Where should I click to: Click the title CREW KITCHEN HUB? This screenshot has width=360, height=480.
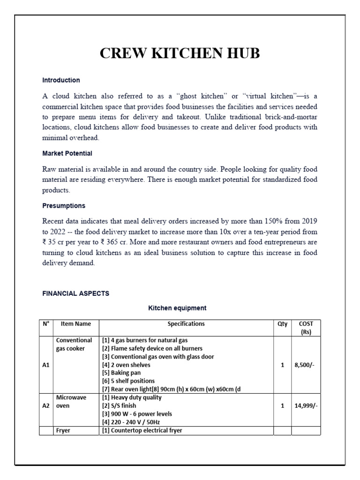tap(180, 53)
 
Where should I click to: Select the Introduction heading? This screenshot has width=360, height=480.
tap(61, 80)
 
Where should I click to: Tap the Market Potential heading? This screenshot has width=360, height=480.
tap(67, 153)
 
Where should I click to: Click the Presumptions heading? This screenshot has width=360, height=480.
tap(64, 206)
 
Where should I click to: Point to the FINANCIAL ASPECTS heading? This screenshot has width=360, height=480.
tap(75, 293)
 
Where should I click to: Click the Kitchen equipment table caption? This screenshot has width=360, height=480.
tap(177, 308)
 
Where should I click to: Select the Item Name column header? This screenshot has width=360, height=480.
tap(76, 324)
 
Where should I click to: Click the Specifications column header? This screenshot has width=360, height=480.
tap(186, 324)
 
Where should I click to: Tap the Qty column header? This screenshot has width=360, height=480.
tap(283, 324)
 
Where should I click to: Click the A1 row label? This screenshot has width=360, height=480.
tap(46, 365)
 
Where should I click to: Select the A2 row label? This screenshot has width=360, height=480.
tap(46, 406)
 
